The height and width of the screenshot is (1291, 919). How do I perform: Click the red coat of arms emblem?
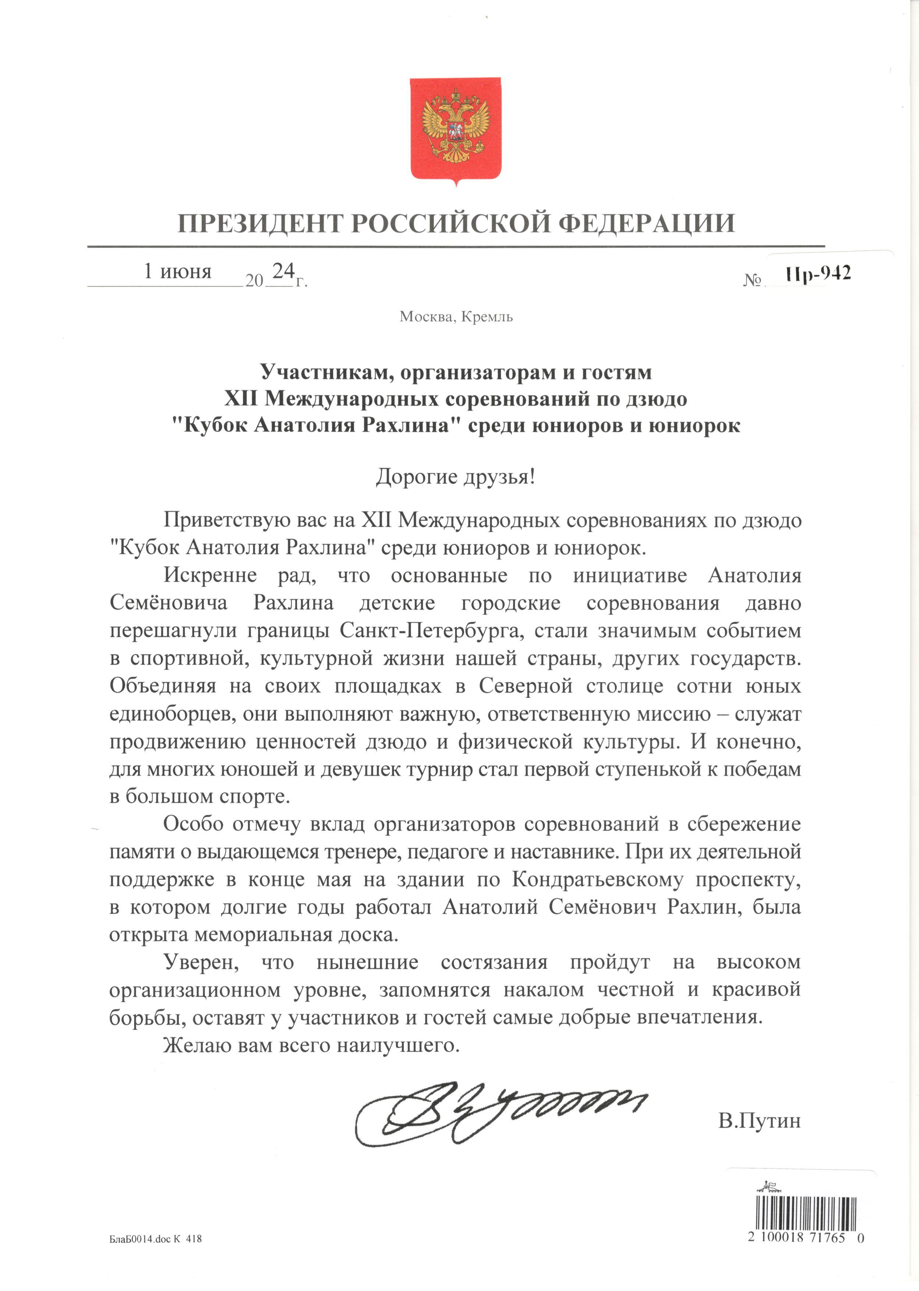(x=456, y=130)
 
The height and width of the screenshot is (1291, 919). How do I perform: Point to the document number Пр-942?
(x=818, y=274)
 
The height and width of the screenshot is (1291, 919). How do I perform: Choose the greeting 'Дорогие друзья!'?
(x=456, y=477)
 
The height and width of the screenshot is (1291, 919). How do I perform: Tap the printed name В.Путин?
(x=759, y=1121)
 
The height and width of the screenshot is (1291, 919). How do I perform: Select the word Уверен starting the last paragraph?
(x=201, y=962)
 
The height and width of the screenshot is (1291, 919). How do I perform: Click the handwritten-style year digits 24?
(x=283, y=271)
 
